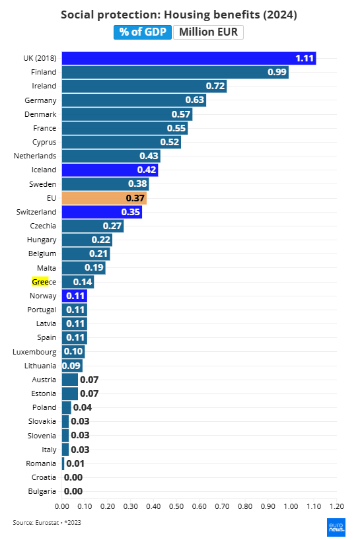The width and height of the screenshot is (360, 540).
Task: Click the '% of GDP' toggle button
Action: click(x=143, y=32)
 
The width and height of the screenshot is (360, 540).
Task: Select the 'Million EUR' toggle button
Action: click(x=209, y=32)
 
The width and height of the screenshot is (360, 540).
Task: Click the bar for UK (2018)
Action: click(x=189, y=58)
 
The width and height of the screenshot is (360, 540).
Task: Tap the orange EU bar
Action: click(x=104, y=198)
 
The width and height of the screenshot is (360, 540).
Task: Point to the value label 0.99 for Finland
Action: click(x=277, y=72)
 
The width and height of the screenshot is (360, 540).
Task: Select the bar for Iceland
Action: click(x=110, y=170)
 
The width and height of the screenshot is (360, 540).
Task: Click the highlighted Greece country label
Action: click(x=44, y=282)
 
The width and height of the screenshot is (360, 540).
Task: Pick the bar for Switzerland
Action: click(x=102, y=212)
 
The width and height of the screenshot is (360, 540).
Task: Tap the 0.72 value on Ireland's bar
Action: click(x=215, y=86)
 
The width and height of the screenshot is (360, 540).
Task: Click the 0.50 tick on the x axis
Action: click(x=176, y=506)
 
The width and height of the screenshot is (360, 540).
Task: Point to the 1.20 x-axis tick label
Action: click(x=337, y=506)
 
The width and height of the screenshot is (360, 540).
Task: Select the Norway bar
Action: click(x=75, y=296)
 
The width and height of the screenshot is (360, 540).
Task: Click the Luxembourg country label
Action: click(x=34, y=352)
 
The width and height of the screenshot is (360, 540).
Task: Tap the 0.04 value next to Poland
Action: click(x=83, y=407)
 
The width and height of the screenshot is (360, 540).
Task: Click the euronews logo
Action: click(x=336, y=527)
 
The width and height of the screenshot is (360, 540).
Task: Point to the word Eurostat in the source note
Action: click(x=47, y=522)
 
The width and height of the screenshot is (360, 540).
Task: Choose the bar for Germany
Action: click(x=134, y=100)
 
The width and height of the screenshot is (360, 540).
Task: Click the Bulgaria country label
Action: click(x=42, y=491)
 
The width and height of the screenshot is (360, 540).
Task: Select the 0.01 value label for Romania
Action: click(x=75, y=463)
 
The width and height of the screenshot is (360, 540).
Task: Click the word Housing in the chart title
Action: click(x=187, y=15)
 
